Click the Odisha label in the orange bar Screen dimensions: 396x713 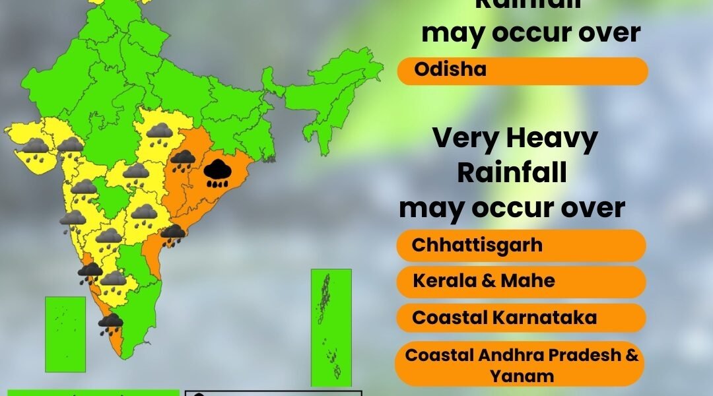(450, 69)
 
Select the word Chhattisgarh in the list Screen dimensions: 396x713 (477, 245)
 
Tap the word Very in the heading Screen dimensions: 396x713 (464, 139)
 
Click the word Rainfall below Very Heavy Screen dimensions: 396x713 (512, 173)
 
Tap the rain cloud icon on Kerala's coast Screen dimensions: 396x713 (110, 323)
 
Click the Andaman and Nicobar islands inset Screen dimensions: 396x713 (331, 326)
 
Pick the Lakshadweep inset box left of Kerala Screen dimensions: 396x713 (65, 333)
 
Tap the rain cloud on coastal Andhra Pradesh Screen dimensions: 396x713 (172, 234)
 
